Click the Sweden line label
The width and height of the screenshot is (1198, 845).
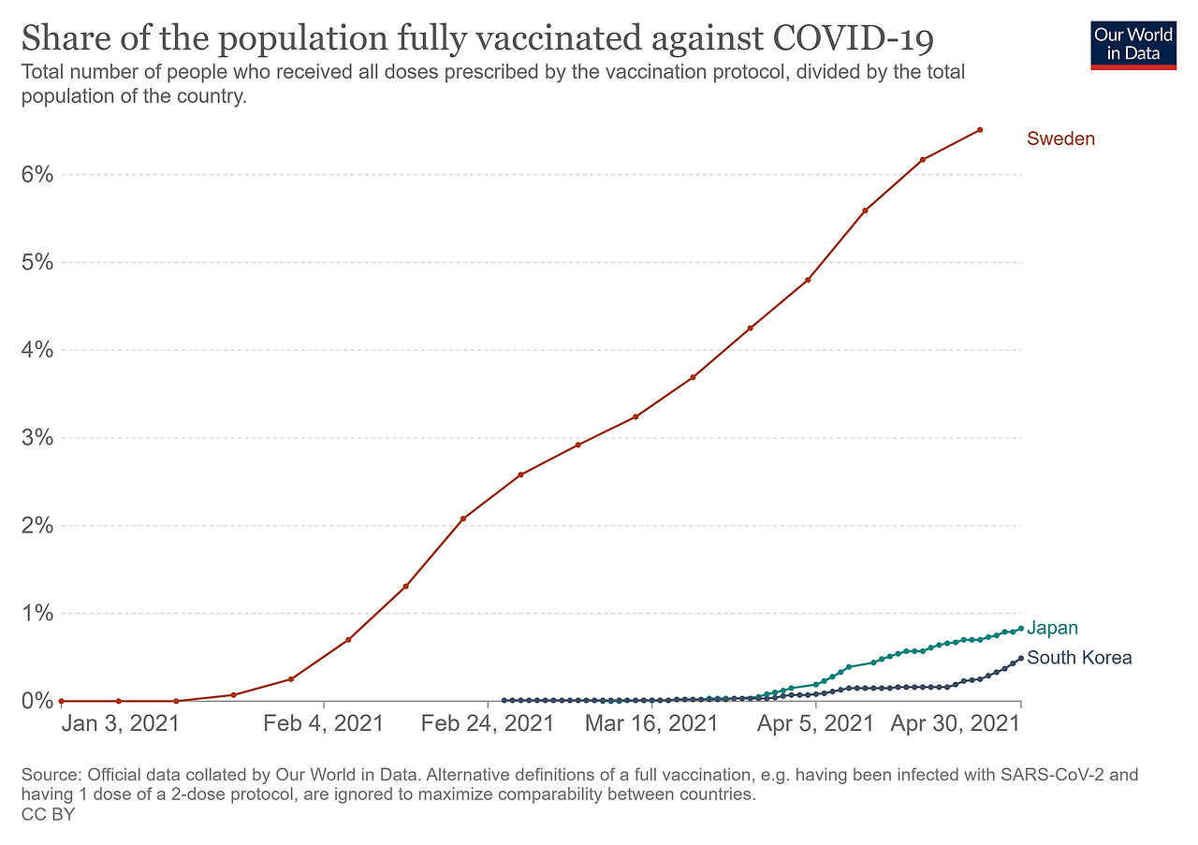(1060, 139)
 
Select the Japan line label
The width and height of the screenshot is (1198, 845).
(1052, 629)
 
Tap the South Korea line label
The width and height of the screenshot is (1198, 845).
(1079, 658)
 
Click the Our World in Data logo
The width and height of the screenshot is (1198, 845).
(1132, 43)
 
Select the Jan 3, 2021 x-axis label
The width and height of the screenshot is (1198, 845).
(120, 723)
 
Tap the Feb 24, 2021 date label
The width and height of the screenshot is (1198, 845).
(487, 723)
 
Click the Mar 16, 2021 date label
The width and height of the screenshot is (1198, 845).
(651, 723)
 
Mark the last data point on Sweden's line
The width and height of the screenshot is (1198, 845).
(980, 130)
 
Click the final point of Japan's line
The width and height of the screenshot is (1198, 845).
(1020, 629)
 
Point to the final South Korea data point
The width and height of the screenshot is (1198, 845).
(1020, 658)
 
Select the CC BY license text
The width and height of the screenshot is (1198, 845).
(47, 815)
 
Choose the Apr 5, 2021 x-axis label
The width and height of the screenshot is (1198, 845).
(815, 723)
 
